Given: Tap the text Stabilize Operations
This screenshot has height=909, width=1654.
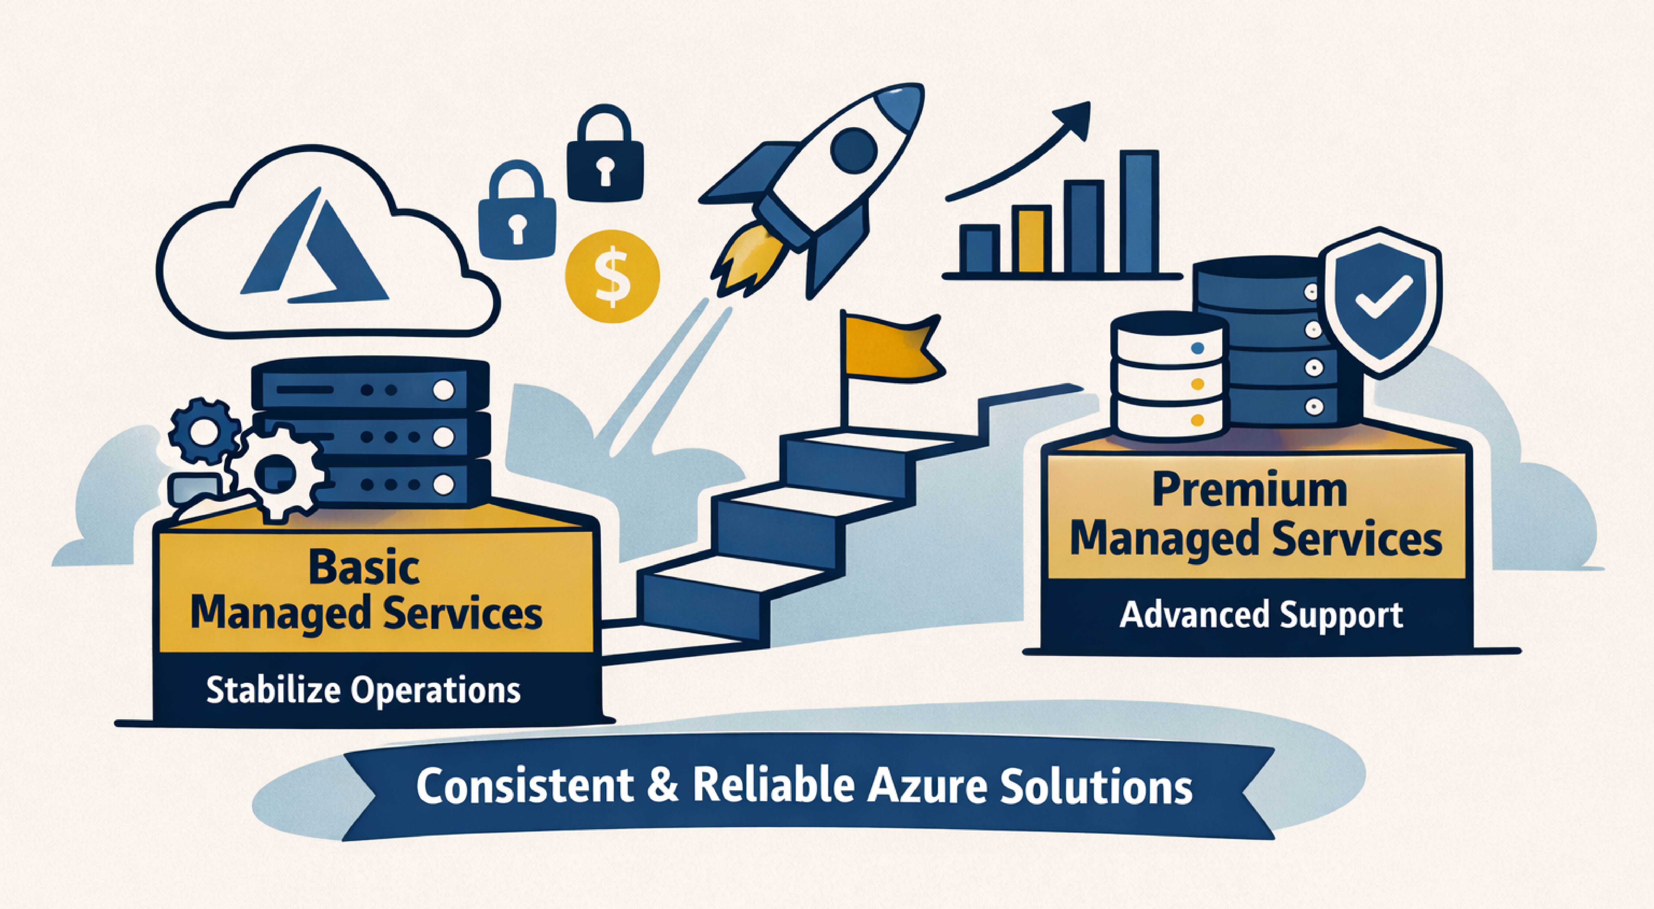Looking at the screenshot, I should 363,691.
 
